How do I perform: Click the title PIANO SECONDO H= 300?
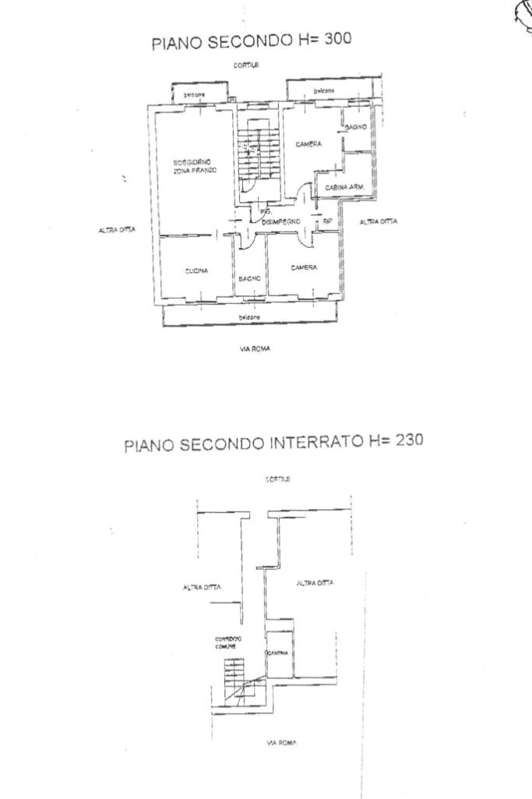click(251, 42)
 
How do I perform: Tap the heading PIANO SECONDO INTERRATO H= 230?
click(273, 442)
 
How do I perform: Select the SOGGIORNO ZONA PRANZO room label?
click(195, 165)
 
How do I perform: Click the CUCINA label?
click(196, 271)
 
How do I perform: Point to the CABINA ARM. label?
click(345, 187)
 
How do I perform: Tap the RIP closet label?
click(327, 222)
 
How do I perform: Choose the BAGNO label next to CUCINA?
click(249, 278)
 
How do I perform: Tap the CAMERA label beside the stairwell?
click(308, 144)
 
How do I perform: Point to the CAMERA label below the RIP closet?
click(304, 267)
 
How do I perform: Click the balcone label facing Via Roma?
click(249, 316)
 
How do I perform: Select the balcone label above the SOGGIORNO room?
click(194, 94)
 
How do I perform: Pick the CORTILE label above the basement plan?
click(277, 480)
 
